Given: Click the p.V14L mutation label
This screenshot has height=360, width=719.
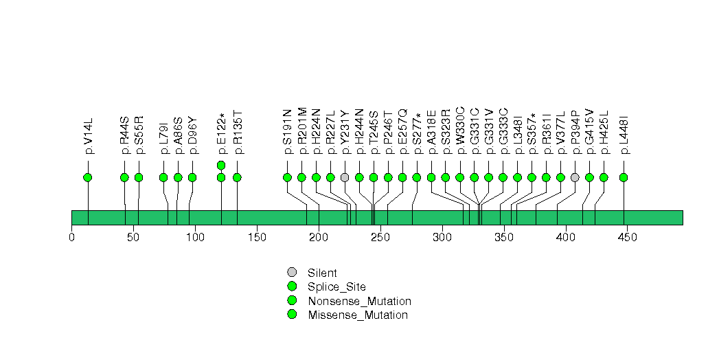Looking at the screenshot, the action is point(89,135).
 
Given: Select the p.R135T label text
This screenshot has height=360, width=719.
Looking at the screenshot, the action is point(237,132).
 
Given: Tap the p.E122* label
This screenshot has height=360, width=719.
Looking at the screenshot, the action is point(222,133).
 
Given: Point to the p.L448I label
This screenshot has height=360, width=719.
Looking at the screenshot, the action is point(624,134).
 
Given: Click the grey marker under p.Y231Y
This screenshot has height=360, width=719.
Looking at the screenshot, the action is point(345,177).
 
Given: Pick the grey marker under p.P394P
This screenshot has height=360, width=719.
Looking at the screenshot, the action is point(575,177).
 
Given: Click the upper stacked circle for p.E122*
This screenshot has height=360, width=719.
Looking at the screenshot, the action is point(221,165).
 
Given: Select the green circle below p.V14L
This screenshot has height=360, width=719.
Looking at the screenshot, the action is point(88,177).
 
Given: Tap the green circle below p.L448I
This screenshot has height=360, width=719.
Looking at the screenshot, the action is point(623,177).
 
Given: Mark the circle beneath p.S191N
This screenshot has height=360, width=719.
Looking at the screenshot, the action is point(288,177).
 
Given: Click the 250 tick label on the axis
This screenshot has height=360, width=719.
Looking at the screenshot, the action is point(380,237).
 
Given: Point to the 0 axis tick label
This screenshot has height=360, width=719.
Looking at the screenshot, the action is point(71,237).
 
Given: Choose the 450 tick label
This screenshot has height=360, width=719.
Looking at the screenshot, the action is point(627,237).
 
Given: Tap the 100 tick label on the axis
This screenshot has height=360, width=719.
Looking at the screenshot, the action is point(195,237).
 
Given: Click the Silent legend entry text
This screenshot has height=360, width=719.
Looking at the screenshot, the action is point(322,273).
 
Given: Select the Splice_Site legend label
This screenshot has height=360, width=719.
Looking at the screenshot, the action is point(337,287).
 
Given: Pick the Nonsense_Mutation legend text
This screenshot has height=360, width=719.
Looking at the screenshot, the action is point(360,302).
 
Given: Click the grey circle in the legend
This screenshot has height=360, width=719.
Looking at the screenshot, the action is point(292,273).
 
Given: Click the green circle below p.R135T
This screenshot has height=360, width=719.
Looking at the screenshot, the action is point(237,177).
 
